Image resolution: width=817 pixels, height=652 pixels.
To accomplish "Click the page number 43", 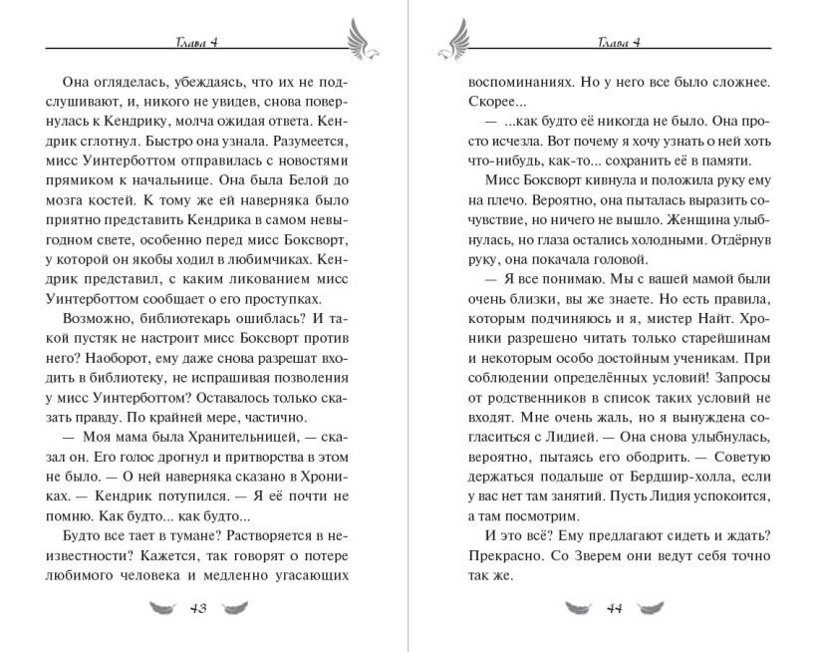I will click(x=196, y=609).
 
